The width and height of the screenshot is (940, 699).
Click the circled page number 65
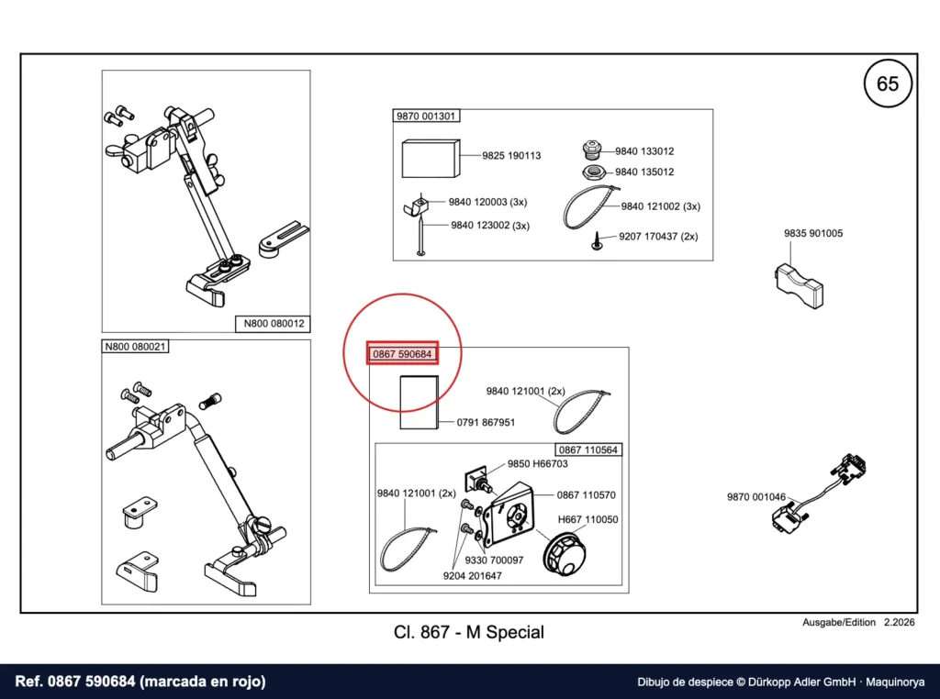pos(888,83)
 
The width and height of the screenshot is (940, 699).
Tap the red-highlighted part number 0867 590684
pos(402,354)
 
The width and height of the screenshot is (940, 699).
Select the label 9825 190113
pos(511,156)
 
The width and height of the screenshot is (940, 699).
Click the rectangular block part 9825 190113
pos(431,159)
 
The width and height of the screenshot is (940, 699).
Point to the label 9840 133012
pos(644,151)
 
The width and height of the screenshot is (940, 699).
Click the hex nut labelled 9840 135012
pos(594,172)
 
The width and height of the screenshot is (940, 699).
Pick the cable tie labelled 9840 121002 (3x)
pos(588,208)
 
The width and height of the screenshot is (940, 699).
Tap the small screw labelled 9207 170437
pos(597,240)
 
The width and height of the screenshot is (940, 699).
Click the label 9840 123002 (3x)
pos(490,226)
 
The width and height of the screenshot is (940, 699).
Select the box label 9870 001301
pos(426,116)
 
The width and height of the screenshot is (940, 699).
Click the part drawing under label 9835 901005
pos(800,286)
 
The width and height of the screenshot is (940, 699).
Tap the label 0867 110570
pos(586,495)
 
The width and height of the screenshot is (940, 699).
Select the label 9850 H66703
pos(537,464)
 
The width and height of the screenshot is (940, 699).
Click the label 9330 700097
pos(494,560)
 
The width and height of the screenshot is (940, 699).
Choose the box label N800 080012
pos(274,324)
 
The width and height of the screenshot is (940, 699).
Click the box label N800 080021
pos(135,347)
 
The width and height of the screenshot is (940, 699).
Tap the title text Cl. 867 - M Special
pos(469,633)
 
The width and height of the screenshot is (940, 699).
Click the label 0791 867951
pos(486,423)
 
